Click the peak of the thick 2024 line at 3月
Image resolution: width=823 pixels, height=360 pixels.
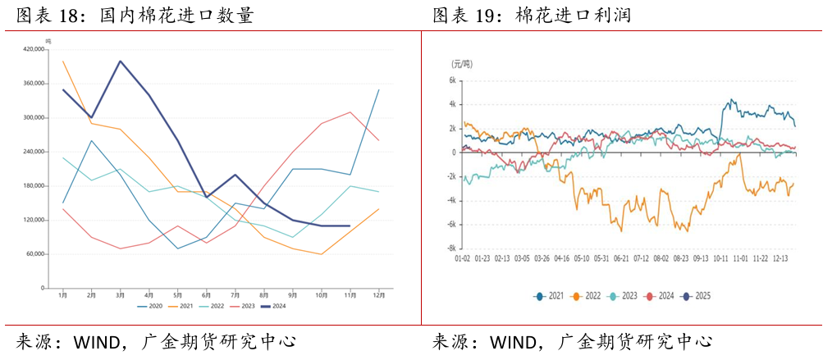point(121,61)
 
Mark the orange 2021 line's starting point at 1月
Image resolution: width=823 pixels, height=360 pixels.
point(63,62)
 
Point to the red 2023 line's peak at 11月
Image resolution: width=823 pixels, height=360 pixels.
point(350,112)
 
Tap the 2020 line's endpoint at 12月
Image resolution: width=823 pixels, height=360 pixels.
point(378,89)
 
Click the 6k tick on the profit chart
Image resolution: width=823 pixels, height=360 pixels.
point(450,80)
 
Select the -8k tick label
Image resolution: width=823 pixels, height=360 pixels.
point(449,248)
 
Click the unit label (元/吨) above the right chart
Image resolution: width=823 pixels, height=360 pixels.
point(462,64)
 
